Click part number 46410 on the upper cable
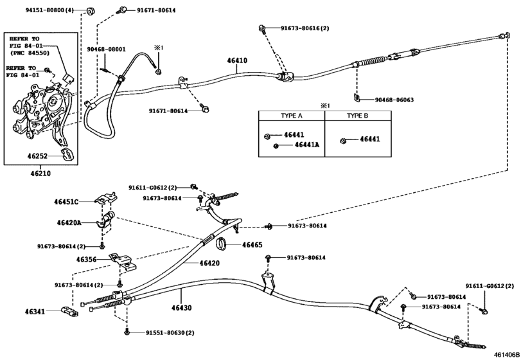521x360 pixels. [237, 62]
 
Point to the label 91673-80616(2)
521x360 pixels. [305, 29]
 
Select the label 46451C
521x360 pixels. [66, 202]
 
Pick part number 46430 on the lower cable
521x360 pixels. [181, 291]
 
